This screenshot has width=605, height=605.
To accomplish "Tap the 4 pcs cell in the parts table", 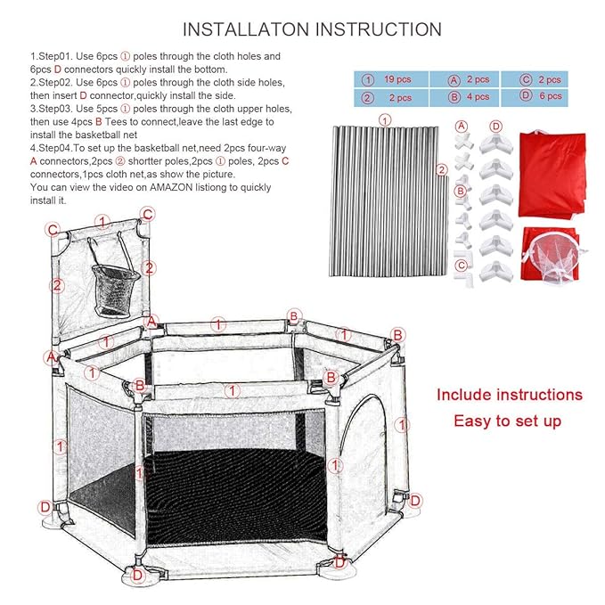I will (479, 97).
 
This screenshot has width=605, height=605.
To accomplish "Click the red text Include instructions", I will (509, 394).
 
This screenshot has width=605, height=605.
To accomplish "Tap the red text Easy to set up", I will (508, 421).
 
